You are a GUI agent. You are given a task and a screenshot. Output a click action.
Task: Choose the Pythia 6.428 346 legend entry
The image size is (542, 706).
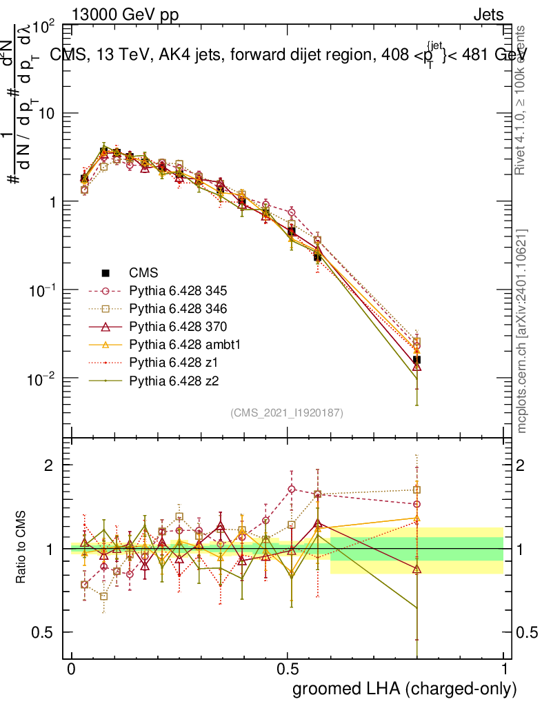(177, 308)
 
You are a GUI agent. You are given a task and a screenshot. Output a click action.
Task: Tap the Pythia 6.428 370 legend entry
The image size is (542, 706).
(177, 326)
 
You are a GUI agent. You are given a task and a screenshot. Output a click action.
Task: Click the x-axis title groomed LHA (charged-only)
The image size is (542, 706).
(405, 689)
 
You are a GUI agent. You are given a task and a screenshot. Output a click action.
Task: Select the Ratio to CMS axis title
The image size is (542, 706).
(22, 548)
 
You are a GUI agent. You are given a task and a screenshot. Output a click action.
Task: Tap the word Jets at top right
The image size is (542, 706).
(488, 14)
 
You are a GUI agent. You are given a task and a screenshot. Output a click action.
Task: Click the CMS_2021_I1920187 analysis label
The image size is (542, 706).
(287, 412)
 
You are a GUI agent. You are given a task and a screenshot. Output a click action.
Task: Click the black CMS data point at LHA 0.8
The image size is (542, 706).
(416, 360)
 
